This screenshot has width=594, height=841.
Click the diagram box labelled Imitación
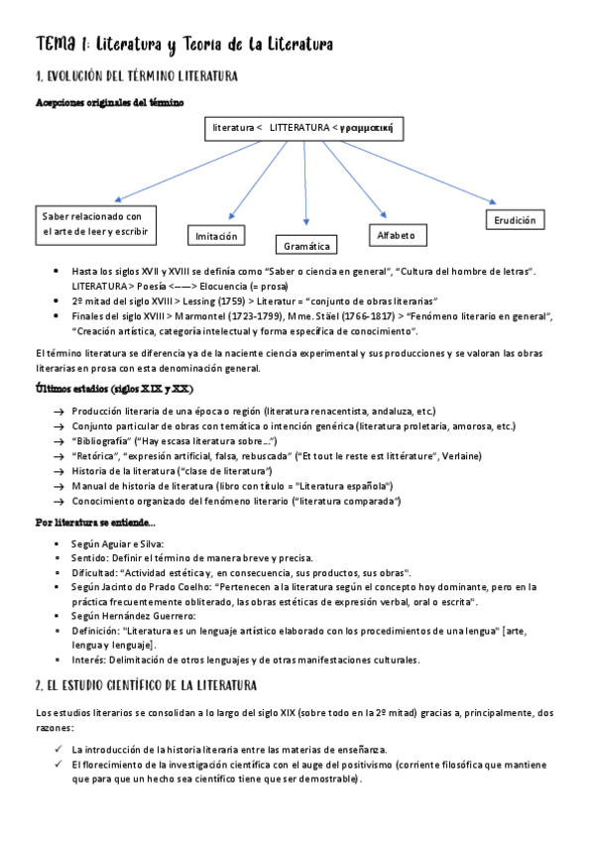click(216, 236)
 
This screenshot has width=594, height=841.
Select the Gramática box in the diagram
click(306, 245)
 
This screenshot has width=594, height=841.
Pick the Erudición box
click(516, 220)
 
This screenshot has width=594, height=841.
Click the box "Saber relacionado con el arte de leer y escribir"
click(92, 223)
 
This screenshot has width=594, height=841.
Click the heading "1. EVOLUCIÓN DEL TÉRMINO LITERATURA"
click(136, 76)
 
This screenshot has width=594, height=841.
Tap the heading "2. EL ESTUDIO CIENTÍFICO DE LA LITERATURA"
click(147, 685)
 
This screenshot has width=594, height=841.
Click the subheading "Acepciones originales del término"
click(107, 103)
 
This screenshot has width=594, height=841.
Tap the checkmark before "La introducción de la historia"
click(59, 750)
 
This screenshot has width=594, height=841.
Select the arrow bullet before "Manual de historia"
click(59, 486)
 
